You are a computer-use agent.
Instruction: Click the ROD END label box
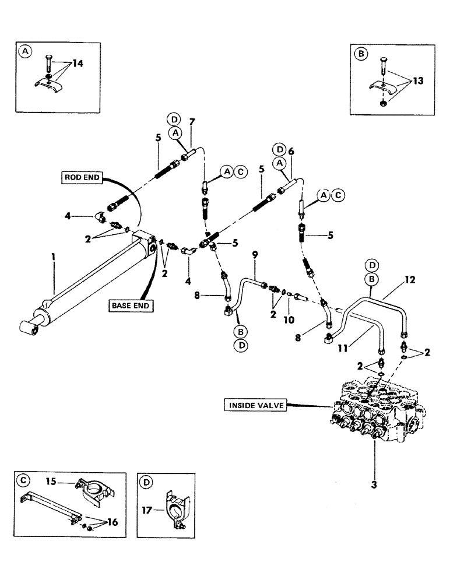coord(82,178)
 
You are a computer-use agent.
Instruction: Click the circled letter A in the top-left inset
coord(24,51)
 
